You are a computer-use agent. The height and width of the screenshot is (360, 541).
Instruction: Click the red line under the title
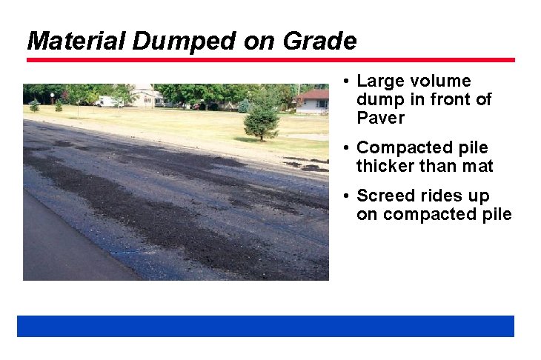click(270, 60)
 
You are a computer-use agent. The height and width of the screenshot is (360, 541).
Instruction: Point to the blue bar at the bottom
click(265, 326)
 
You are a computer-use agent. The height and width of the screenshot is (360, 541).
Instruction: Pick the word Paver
click(380, 119)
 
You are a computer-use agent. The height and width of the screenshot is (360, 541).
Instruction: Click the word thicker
click(385, 167)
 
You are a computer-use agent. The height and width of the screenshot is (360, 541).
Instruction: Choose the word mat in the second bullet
click(477, 167)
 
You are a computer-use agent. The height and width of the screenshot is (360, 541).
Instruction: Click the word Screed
click(386, 196)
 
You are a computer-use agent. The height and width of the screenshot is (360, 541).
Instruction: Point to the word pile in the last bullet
click(496, 215)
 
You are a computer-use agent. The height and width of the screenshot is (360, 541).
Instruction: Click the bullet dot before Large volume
click(347, 81)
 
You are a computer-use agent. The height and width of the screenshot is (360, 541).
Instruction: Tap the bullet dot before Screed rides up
click(347, 196)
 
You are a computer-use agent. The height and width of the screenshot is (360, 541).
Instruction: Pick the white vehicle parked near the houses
click(108, 101)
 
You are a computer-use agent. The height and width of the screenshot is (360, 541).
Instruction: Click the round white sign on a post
click(52, 96)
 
